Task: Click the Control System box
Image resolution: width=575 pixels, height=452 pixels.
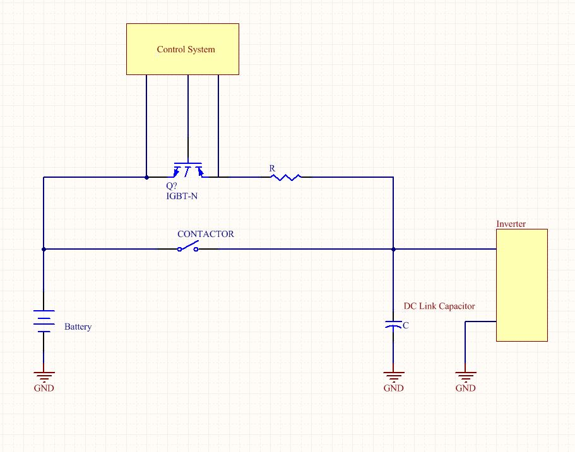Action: coord(182,49)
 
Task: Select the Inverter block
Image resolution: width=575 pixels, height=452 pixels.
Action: coord(521,285)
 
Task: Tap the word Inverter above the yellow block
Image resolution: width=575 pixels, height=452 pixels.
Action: coord(511,224)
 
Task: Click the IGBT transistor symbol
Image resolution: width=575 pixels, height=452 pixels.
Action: coord(188,170)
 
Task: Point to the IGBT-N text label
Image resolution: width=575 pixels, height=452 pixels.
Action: coord(182,196)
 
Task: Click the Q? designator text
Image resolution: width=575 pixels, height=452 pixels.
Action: coord(172,187)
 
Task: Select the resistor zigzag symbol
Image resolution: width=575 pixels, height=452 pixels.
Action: coord(285,177)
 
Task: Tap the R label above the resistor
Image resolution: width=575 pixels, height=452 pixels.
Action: coord(272,168)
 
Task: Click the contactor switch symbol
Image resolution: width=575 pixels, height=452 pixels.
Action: coord(188,248)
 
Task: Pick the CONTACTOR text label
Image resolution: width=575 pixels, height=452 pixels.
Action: coord(206,234)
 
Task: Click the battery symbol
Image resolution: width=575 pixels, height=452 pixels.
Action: coord(44,321)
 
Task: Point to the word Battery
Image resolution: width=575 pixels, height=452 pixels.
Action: coord(78,327)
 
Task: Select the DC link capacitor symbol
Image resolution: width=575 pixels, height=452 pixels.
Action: coord(393,325)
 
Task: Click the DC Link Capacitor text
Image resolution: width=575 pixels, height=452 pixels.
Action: coord(439,306)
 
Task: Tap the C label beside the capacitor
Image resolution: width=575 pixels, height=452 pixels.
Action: coord(405,326)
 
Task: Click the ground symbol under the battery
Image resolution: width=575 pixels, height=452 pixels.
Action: coord(44,376)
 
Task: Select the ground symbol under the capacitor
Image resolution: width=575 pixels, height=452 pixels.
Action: coord(393,376)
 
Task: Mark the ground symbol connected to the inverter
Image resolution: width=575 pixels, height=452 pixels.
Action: coord(465,376)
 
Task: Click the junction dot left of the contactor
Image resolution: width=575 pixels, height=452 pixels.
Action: coord(44,249)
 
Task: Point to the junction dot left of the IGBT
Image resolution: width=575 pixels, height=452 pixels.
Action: coord(146,177)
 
